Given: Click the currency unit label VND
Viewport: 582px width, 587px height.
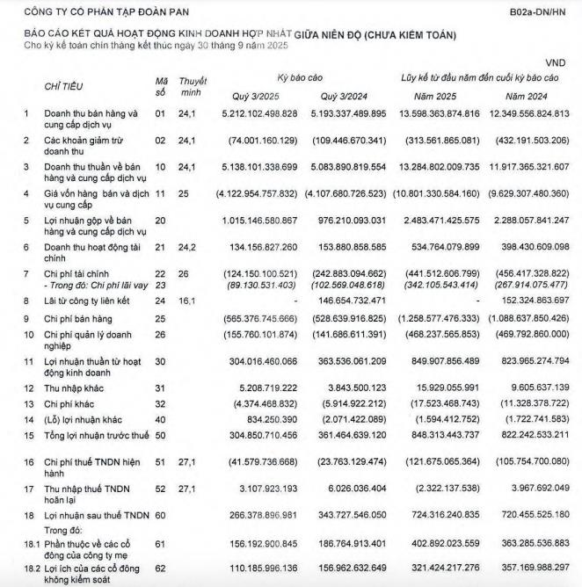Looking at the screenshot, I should (557, 63).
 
